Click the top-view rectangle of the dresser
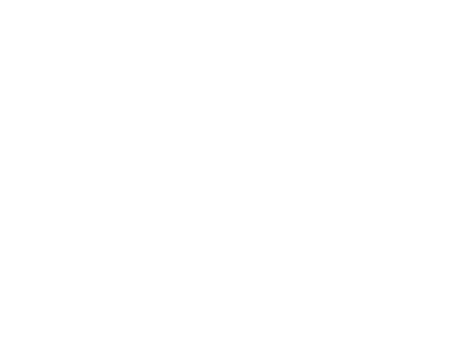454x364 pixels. tap(110, 70)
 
